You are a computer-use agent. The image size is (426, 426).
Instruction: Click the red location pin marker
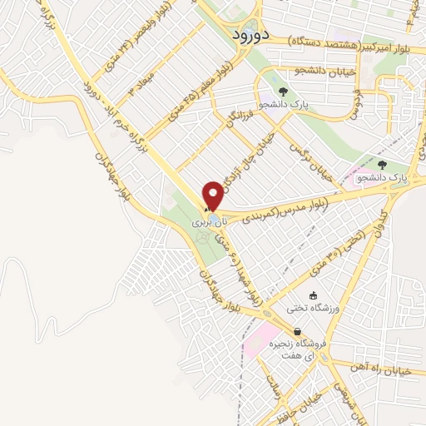[213, 196]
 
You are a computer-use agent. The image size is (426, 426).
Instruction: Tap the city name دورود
[247, 36]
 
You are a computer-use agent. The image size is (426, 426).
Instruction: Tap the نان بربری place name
[207, 223]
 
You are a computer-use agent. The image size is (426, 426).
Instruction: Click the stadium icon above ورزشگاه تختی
[313, 295]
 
